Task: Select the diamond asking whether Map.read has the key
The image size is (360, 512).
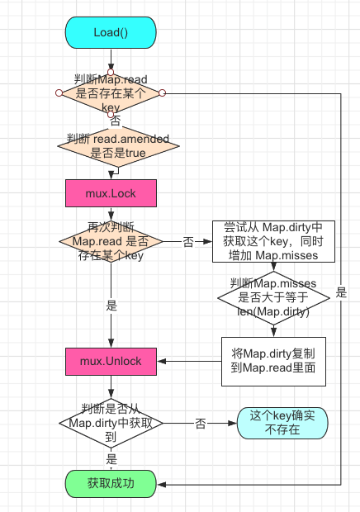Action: pyautogui.click(x=111, y=92)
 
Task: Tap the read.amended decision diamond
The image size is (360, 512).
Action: pyautogui.click(x=111, y=146)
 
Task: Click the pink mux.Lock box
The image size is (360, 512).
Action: pyautogui.click(x=111, y=193)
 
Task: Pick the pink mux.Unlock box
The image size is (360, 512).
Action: pyautogui.click(x=111, y=362)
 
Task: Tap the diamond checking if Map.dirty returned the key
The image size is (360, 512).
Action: pyautogui.click(x=111, y=422)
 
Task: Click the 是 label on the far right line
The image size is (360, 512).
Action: pyautogui.click(x=341, y=292)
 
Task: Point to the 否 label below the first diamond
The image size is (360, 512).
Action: pyautogui.click(x=115, y=121)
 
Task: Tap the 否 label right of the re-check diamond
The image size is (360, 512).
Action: pyautogui.click(x=188, y=241)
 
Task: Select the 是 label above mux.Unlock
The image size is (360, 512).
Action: pyautogui.click(x=111, y=304)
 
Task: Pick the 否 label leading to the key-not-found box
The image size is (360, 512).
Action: pyautogui.click(x=201, y=423)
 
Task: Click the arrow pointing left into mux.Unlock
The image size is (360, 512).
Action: pyautogui.click(x=165, y=362)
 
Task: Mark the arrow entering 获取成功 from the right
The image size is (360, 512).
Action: pyautogui.click(x=165, y=483)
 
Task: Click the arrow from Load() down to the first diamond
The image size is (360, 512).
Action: pyautogui.click(x=111, y=63)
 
